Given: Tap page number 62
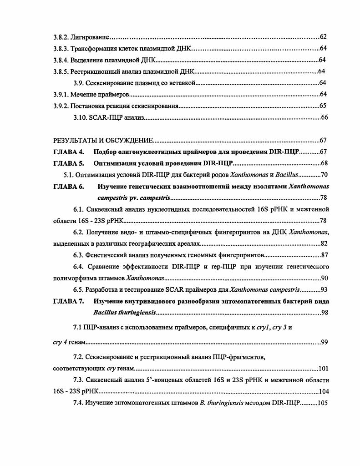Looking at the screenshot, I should tap(323, 36).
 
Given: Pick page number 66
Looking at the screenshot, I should tap(325, 117).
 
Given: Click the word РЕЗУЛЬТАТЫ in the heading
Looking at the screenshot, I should tap(76, 141).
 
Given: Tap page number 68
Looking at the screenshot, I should tap(324, 163).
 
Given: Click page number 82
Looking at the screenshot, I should tap(324, 243).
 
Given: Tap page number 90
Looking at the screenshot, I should tap(324, 278).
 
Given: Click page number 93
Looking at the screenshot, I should tap(324, 289).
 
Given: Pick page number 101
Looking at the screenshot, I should tap(324, 369).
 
